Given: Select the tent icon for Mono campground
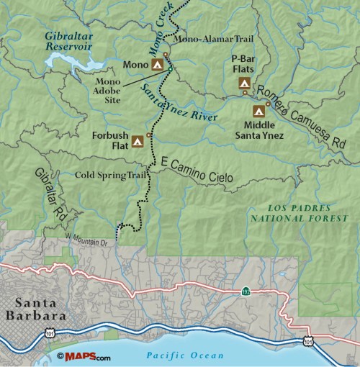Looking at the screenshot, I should (x=158, y=65).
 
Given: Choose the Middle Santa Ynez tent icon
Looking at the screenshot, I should (x=258, y=111).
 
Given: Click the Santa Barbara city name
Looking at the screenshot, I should (x=34, y=309).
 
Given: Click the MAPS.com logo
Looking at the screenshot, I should (x=84, y=356).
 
